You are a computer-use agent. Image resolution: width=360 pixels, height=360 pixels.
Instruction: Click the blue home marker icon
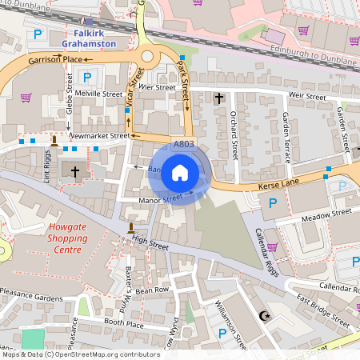180,172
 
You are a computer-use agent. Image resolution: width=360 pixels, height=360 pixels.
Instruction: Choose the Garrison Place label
55,60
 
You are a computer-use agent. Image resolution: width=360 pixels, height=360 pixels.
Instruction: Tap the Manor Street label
161,198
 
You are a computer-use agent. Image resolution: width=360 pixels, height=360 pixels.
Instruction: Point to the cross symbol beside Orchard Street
219,98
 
